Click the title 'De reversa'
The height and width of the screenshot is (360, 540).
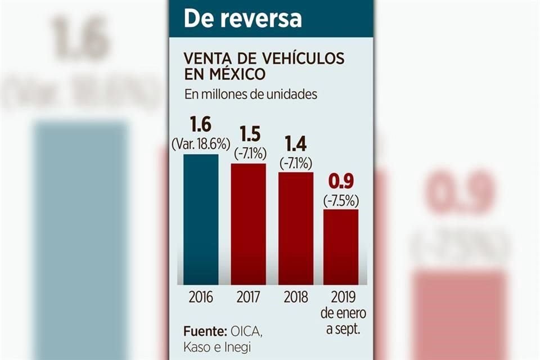(x=242, y=18)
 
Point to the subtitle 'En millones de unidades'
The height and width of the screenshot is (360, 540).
(x=250, y=94)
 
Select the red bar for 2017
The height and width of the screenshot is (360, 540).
(x=248, y=223)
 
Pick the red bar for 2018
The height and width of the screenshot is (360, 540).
(x=295, y=227)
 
